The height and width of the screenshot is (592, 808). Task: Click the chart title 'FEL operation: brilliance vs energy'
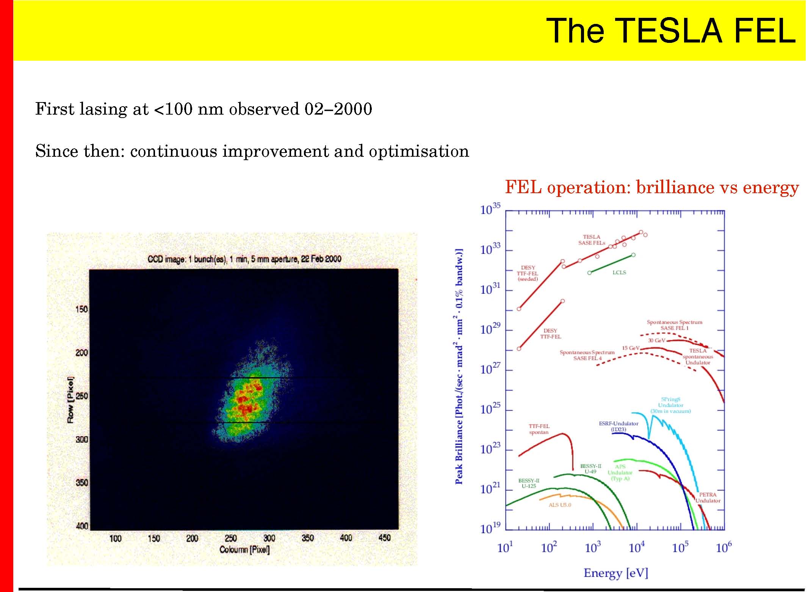pos(652,187)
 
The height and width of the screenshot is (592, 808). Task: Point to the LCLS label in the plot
pos(619,272)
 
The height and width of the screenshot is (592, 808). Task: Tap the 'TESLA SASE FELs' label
pos(592,240)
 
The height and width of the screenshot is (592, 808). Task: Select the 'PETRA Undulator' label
pos(708,498)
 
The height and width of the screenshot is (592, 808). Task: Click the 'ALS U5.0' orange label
pos(560,505)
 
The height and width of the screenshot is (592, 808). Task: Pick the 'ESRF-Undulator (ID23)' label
pos(619,426)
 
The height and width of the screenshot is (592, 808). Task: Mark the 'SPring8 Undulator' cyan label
pos(670,405)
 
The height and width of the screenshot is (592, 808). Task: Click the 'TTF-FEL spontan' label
pos(539,429)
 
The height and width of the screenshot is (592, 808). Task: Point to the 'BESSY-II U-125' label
pos(529,483)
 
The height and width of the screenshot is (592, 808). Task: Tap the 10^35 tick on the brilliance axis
pos(490,209)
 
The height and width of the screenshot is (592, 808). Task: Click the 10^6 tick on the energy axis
pos(724,548)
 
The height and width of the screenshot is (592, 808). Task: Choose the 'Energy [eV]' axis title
pos(616,573)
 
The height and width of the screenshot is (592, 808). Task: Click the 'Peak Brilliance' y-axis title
pos(459,366)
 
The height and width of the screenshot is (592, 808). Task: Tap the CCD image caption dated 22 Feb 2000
pos(244,259)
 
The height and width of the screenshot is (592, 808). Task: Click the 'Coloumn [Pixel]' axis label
pos(244,549)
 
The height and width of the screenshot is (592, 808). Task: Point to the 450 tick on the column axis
pos(384,538)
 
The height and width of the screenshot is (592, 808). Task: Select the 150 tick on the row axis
pos(81,309)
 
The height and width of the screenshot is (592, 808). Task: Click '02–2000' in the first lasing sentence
pos(338,109)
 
